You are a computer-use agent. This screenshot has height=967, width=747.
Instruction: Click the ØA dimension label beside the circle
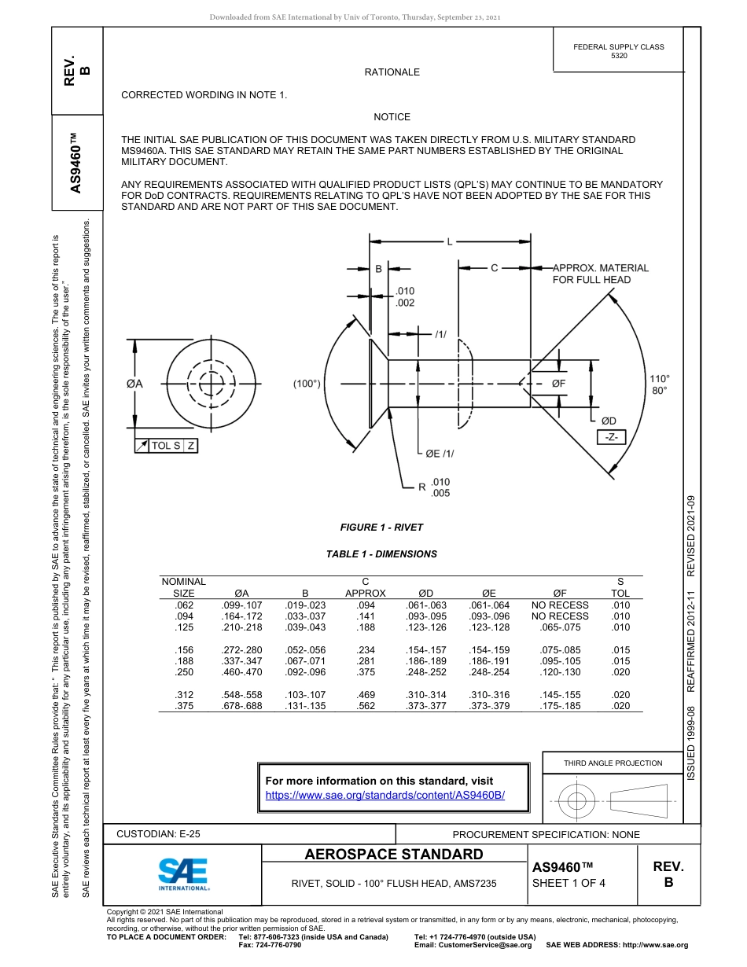pyautogui.click(x=134, y=384)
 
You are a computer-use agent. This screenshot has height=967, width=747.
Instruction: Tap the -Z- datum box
pyautogui.click(x=609, y=437)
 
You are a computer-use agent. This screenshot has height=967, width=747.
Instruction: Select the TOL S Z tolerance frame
pyautogui.click(x=166, y=446)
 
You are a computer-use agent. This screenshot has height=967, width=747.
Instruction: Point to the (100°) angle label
pyautogui.click(x=307, y=384)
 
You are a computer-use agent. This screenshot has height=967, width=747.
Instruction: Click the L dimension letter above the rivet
pyautogui.click(x=450, y=241)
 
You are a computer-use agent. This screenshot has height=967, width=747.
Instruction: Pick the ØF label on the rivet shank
pyautogui.click(x=559, y=383)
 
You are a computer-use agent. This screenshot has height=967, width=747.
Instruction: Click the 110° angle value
pyautogui.click(x=660, y=377)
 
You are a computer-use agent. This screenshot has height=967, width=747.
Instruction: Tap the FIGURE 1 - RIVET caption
pyautogui.click(x=381, y=528)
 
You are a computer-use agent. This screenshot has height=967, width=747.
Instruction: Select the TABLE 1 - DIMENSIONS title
pyautogui.click(x=381, y=554)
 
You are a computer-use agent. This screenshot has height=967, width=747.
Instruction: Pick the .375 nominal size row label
pyautogui.click(x=183, y=706)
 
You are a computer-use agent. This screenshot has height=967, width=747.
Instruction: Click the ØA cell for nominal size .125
pyautogui.click(x=242, y=627)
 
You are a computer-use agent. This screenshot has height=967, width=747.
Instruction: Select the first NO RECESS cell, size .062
pyautogui.click(x=560, y=605)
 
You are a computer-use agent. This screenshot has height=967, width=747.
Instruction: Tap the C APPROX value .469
pyautogui.click(x=366, y=695)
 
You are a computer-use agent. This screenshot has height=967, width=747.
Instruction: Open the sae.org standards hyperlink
pyautogui.click(x=385, y=795)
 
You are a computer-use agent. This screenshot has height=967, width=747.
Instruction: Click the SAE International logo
pyautogui.click(x=183, y=873)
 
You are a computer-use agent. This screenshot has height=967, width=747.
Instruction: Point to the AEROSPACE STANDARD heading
pyautogui.click(x=394, y=855)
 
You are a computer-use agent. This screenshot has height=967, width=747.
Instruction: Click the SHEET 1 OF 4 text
pyautogui.click(x=569, y=882)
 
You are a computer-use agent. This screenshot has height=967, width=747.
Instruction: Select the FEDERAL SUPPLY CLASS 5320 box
pyautogui.click(x=618, y=51)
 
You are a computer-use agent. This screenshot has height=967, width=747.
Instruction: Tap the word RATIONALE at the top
pyautogui.click(x=392, y=72)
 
